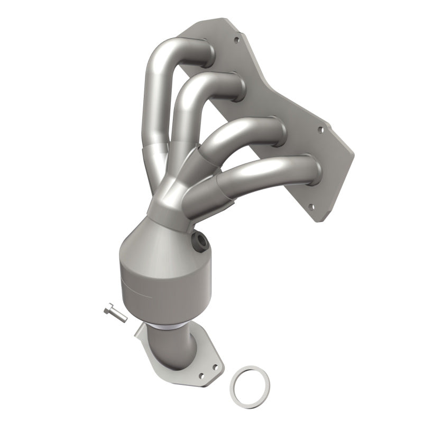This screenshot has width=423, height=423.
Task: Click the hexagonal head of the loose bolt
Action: tap(108, 309)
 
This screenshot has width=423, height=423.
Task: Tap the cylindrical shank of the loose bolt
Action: tap(119, 316)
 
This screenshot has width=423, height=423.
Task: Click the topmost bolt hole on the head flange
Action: tap(236, 39)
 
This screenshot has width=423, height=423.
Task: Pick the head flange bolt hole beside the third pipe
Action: tap(320, 128)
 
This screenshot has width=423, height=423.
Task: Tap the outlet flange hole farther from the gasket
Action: tap(201, 376)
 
